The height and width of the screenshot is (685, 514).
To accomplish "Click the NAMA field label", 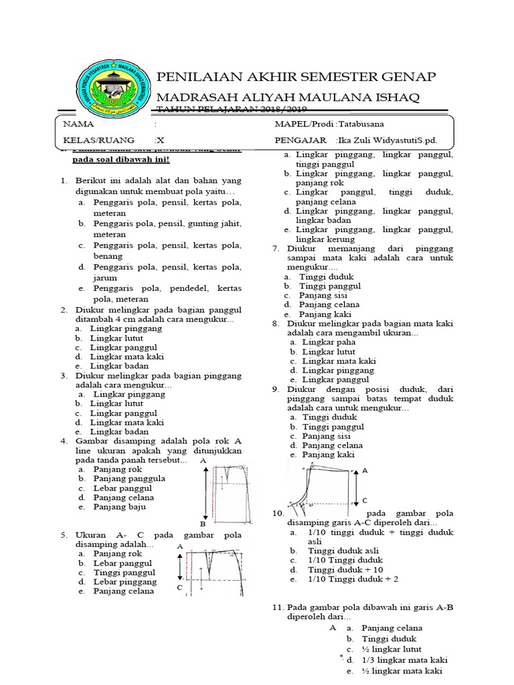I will [x=79, y=124].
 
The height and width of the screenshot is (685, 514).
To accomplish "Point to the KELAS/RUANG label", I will [x=98, y=140].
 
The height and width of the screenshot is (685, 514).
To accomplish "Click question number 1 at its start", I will [x=64, y=181].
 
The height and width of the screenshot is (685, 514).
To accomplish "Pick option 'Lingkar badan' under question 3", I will [x=119, y=432].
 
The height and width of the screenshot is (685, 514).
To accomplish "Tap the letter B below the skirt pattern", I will [x=203, y=524].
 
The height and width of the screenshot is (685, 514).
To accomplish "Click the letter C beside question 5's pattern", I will [x=179, y=587].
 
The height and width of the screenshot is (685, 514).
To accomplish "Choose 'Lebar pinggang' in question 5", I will [x=125, y=582].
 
